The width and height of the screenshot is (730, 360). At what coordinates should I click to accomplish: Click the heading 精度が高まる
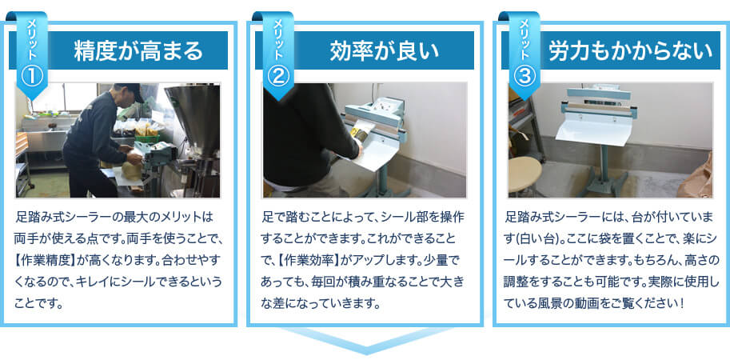(137, 52)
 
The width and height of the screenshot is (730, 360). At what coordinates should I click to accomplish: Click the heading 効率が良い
(385, 52)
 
